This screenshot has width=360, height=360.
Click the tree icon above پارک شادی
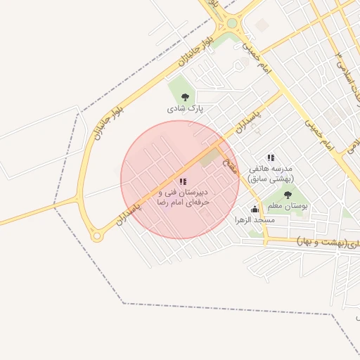pyautogui.click(x=185, y=97)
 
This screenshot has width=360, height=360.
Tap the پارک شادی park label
pyautogui.click(x=185, y=109)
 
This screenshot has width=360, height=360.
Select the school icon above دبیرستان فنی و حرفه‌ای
pyautogui.click(x=183, y=181)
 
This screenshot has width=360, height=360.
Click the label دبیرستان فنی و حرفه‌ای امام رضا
pyautogui.click(x=183, y=197)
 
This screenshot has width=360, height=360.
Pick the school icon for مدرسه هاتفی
pyautogui.click(x=271, y=158)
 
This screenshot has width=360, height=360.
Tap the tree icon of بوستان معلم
pyautogui.click(x=287, y=193)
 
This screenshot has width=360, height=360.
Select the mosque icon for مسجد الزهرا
pyautogui.click(x=255, y=210)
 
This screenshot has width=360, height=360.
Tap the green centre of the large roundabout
pyautogui.click(x=231, y=23)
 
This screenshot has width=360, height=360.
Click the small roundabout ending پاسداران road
pyautogui.click(x=98, y=237)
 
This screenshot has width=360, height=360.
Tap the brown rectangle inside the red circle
pyautogui.click(x=210, y=158)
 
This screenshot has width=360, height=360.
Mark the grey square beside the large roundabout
pyautogui.click(x=262, y=25)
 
